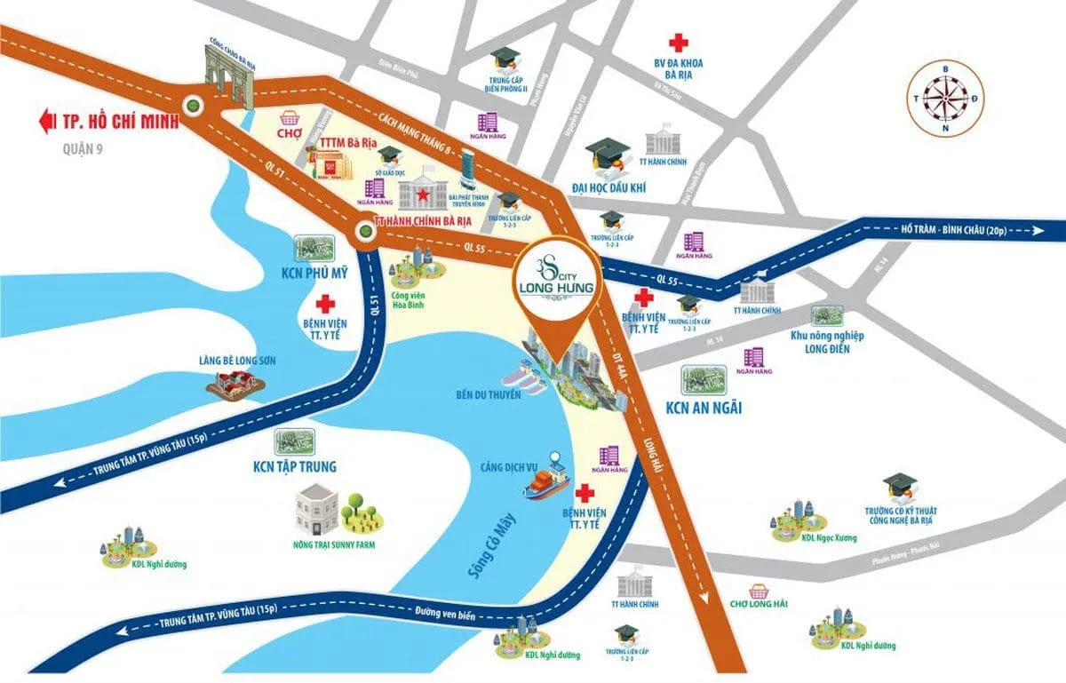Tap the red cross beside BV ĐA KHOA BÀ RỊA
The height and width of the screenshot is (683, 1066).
(x=679, y=42)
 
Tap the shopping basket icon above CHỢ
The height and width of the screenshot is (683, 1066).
(x=288, y=119)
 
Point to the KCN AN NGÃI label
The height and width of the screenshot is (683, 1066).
(x=704, y=409)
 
